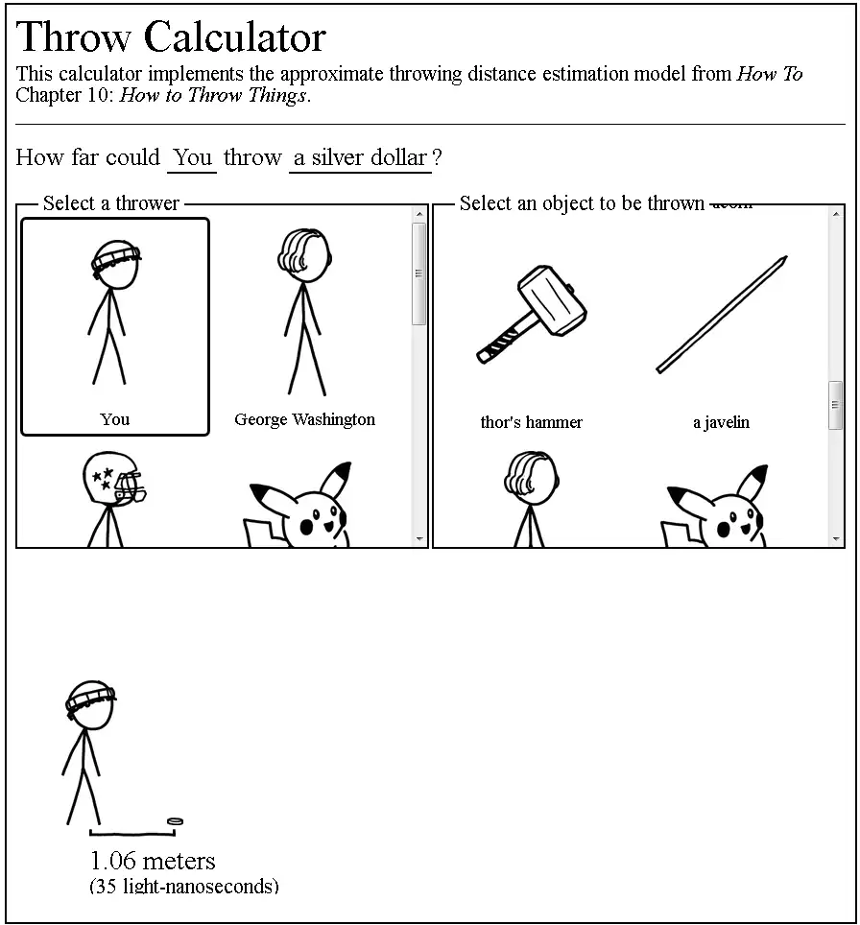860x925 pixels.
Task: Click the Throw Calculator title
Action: pyautogui.click(x=171, y=37)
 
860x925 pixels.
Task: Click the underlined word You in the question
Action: pyautogui.click(x=192, y=158)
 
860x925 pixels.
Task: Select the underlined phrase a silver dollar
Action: pyautogui.click(x=360, y=158)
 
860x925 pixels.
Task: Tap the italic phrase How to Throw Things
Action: pyautogui.click(x=213, y=95)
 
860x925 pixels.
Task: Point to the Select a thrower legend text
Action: pyautogui.click(x=111, y=203)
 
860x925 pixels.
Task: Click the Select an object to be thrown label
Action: pyautogui.click(x=582, y=203)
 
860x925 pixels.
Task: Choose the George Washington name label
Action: pyautogui.click(x=304, y=419)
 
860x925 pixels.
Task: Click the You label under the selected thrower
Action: pyautogui.click(x=114, y=419)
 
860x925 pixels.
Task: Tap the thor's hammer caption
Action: pyautogui.click(x=531, y=422)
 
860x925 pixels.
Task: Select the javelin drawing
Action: pyautogui.click(x=722, y=315)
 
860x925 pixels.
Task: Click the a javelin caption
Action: pyautogui.click(x=721, y=422)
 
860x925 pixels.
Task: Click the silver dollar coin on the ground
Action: pyautogui.click(x=175, y=821)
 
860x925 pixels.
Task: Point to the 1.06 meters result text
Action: pyautogui.click(x=153, y=861)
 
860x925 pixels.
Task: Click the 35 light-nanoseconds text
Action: pyautogui.click(x=183, y=886)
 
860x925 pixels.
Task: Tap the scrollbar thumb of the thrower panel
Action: pyautogui.click(x=418, y=273)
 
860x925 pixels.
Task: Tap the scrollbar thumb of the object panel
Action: pyautogui.click(x=835, y=406)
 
